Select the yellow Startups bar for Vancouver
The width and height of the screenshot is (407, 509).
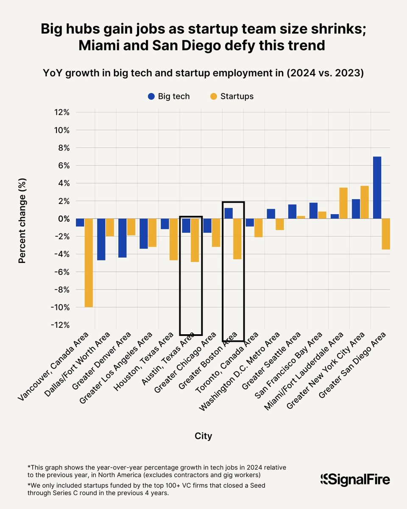click(89, 263)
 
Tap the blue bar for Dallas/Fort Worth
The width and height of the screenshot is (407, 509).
click(101, 239)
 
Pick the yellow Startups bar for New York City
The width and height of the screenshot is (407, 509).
click(364, 202)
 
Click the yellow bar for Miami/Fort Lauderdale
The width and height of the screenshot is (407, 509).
click(343, 203)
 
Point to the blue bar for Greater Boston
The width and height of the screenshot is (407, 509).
click(229, 213)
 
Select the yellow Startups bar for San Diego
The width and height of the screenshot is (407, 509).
click(386, 234)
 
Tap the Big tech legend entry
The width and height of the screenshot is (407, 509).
click(169, 96)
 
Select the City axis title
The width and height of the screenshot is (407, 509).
click(203, 436)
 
